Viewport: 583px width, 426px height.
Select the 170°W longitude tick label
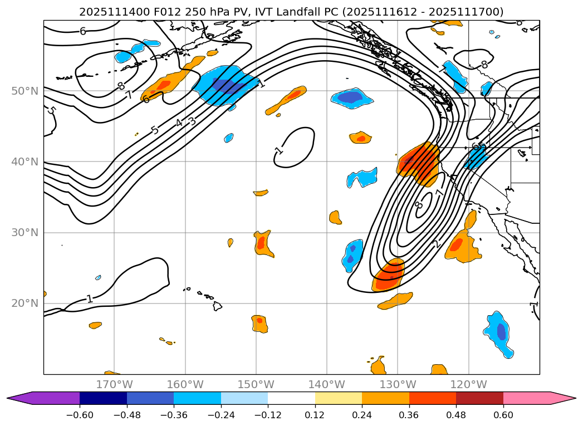coord(114,384)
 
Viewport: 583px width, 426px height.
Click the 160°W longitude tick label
coord(185,384)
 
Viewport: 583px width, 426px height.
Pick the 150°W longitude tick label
coord(256,384)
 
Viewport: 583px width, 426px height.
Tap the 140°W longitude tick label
coord(327,384)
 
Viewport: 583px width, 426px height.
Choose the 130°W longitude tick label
coord(398,384)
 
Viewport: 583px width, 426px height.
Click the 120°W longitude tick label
coord(468,384)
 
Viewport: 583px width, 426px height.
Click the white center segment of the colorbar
coord(291,398)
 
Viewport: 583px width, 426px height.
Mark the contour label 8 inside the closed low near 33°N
coord(419,205)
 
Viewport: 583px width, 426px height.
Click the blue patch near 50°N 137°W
coord(352,97)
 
